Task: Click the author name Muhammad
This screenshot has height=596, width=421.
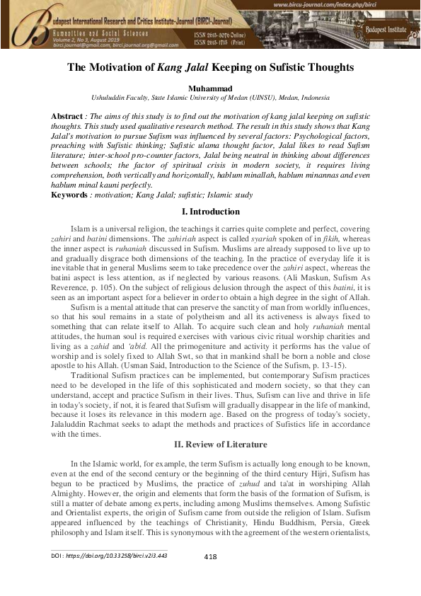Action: point(210,88)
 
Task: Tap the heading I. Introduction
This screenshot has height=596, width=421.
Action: point(210,212)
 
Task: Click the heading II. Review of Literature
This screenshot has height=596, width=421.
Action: point(210,444)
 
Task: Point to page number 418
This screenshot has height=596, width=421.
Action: point(209,556)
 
